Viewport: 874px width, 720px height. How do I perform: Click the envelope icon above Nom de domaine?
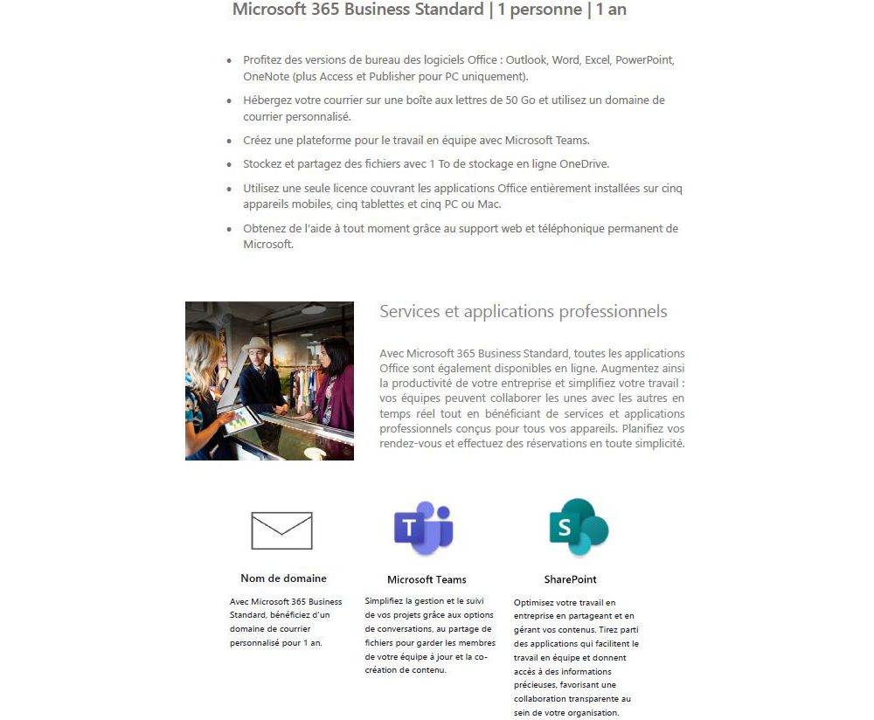click(281, 530)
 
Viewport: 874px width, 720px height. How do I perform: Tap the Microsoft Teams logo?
click(424, 528)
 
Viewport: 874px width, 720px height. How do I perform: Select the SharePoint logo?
click(579, 526)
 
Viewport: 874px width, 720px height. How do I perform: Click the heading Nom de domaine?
click(283, 578)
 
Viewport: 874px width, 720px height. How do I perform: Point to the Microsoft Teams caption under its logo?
click(427, 579)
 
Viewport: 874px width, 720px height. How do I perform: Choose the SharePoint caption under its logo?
click(570, 579)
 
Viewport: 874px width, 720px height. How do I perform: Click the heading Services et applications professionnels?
click(523, 312)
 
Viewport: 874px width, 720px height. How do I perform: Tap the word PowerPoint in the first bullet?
click(644, 60)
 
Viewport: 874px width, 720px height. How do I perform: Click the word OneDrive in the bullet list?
click(583, 163)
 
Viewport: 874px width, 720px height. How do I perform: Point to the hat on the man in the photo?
click(257, 345)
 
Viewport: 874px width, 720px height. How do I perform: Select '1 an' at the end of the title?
click(612, 10)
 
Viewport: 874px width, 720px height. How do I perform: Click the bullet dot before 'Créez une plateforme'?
click(229, 141)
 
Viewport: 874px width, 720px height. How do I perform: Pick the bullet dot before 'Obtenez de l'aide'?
click(229, 229)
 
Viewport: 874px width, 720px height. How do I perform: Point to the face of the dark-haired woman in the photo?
click(332, 357)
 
